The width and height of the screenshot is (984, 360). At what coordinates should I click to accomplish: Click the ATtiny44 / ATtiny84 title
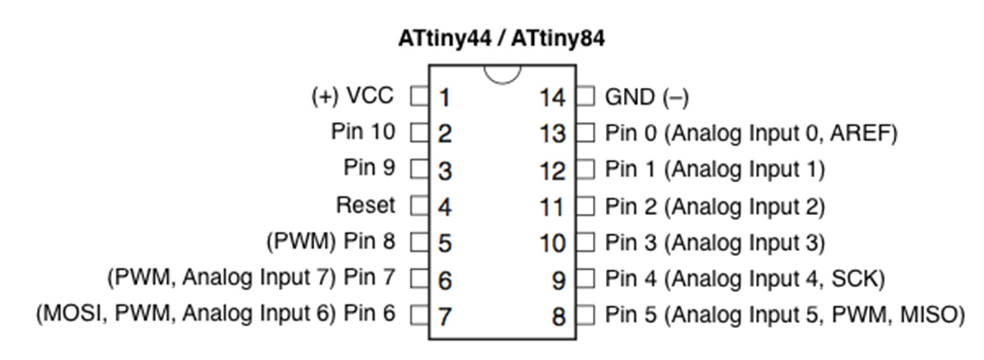pyautogui.click(x=501, y=39)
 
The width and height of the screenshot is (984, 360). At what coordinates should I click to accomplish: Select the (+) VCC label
pyautogui.click(x=353, y=96)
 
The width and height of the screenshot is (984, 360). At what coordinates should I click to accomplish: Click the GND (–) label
pyautogui.click(x=647, y=97)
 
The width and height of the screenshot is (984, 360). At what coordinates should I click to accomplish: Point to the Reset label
pyautogui.click(x=366, y=205)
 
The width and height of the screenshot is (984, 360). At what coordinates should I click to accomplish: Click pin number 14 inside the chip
pyautogui.click(x=552, y=98)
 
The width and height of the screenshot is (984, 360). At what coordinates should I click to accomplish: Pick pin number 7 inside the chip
pyautogui.click(x=444, y=317)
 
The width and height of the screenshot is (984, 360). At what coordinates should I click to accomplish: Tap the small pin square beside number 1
pyautogui.click(x=420, y=96)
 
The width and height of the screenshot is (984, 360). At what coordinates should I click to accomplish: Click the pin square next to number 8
pyautogui.click(x=585, y=315)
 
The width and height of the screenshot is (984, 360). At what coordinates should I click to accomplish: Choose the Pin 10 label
pyautogui.click(x=363, y=131)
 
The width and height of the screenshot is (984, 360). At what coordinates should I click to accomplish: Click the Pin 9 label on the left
pyautogui.click(x=370, y=167)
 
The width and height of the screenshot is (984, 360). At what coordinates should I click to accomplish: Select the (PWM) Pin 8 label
pyautogui.click(x=330, y=241)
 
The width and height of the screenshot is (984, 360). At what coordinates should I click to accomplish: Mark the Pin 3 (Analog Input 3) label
pyautogui.click(x=715, y=243)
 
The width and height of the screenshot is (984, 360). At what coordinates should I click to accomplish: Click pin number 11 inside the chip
pyautogui.click(x=551, y=207)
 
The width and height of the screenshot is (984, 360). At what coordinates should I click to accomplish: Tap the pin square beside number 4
pyautogui.click(x=420, y=205)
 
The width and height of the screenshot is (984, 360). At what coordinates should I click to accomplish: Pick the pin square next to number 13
pyautogui.click(x=585, y=132)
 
